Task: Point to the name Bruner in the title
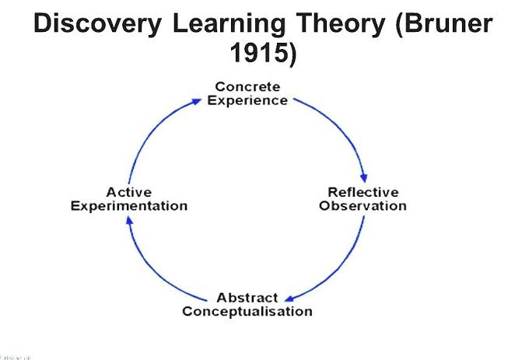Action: coord(448,24)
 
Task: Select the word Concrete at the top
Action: coord(247,86)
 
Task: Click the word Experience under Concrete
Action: coord(247,100)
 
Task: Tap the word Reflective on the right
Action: coord(363,192)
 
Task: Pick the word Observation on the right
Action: coord(363,206)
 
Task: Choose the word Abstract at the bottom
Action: coord(247,298)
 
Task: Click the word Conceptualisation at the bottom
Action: coord(247,312)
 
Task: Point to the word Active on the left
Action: coord(129,192)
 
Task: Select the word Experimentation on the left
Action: coord(129,206)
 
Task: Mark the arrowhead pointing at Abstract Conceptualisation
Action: coord(289,298)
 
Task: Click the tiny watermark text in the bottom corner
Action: coord(15,357)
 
